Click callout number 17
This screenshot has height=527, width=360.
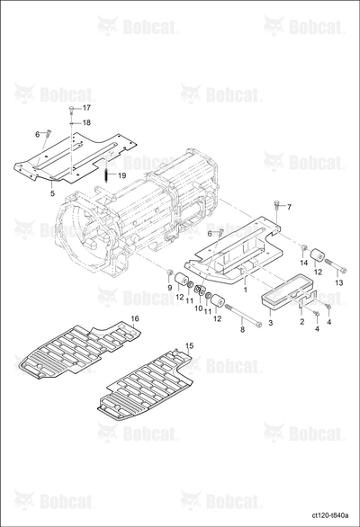coord(86,108)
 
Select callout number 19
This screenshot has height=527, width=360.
coord(121,175)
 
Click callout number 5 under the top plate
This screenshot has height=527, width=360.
coord(52,193)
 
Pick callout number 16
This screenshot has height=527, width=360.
coord(135,318)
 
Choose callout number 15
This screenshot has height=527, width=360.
coord(189,345)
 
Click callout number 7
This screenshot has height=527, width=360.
coord(289,207)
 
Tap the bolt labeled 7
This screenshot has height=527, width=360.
coord(276,204)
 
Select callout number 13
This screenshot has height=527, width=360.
coord(339,283)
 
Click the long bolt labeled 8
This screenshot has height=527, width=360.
coord(243,315)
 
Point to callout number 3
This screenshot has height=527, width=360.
coord(271,323)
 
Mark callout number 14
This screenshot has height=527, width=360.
coord(304,263)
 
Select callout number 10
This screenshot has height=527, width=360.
coord(199,308)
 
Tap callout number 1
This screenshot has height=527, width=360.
coord(246,290)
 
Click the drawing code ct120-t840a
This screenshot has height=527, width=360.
coord(330,515)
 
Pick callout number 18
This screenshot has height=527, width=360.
coord(86,122)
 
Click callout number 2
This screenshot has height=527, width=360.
coord(302,322)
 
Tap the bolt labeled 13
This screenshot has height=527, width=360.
coord(335,266)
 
